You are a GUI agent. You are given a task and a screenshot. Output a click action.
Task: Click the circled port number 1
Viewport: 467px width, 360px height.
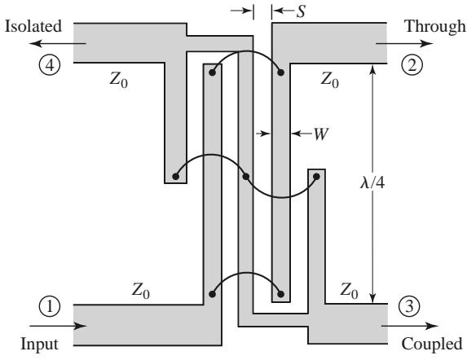(x=50, y=306)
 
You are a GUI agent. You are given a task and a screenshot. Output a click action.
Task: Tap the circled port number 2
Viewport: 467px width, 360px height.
(x=412, y=65)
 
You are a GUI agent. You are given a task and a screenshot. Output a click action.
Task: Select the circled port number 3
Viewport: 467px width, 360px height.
(x=409, y=306)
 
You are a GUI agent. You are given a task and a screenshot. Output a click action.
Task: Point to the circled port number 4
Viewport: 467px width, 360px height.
(x=50, y=65)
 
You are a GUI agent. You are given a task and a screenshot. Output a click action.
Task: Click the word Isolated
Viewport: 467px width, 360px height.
(x=33, y=26)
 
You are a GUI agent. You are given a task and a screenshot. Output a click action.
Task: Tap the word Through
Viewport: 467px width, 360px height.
(x=435, y=28)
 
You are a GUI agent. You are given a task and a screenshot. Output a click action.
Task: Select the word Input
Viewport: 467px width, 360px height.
(x=39, y=345)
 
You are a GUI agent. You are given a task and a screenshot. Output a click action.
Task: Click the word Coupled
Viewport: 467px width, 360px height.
(x=432, y=345)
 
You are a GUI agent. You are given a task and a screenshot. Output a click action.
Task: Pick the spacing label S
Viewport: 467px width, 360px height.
(x=301, y=11)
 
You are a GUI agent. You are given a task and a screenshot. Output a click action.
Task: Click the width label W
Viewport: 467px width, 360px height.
(x=321, y=134)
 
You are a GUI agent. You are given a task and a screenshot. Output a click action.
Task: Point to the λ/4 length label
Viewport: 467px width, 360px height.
(x=372, y=182)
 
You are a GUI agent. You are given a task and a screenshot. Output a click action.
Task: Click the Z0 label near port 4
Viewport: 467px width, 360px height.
(x=119, y=81)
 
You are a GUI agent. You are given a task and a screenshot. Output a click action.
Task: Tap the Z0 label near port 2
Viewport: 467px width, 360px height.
(x=330, y=81)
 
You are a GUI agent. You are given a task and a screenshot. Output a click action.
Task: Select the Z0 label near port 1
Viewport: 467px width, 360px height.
(x=140, y=291)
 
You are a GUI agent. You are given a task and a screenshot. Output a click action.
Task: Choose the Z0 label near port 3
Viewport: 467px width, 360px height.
(x=349, y=291)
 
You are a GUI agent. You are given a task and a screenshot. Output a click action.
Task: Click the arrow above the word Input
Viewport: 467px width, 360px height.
(x=58, y=326)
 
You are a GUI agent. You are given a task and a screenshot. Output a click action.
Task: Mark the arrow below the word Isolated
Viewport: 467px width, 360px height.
(x=58, y=44)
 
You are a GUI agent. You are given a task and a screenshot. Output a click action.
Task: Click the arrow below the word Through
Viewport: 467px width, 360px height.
(x=404, y=44)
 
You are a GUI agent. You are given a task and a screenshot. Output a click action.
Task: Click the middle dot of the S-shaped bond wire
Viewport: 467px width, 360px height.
(x=245, y=177)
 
